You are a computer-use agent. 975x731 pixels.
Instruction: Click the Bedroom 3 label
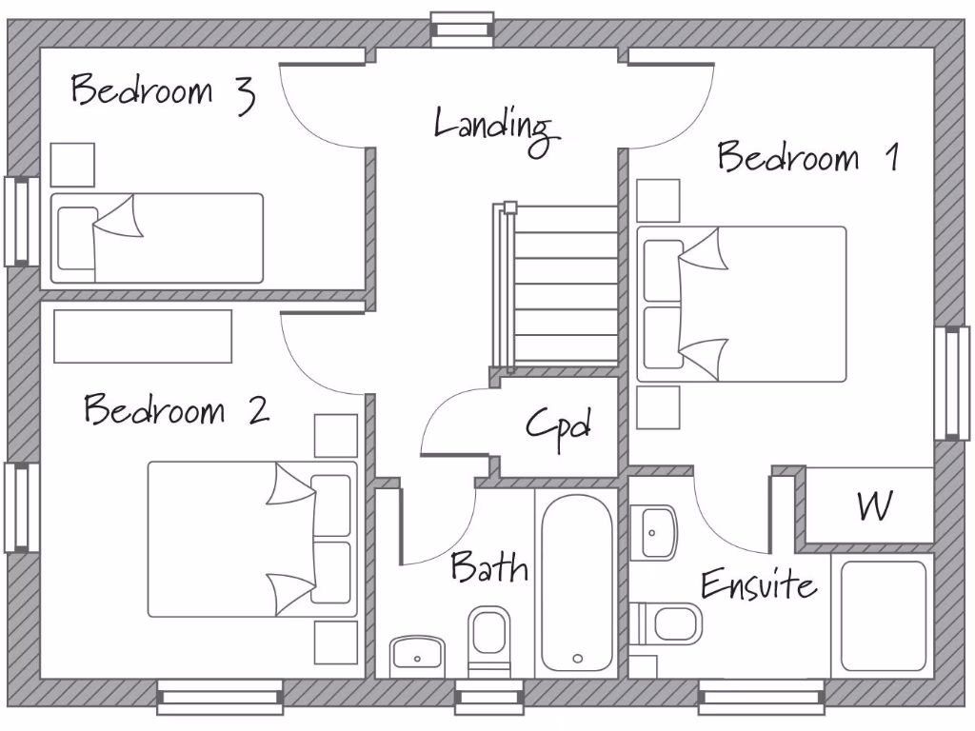162,91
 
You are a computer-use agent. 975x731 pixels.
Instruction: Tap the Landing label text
493,127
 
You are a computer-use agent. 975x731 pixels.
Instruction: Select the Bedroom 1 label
807,157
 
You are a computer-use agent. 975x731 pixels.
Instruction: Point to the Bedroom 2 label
176,410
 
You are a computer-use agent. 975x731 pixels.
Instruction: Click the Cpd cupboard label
559,425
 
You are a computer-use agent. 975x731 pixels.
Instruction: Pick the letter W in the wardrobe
873,506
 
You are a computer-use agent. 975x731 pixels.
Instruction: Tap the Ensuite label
758,584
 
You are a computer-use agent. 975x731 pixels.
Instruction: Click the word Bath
488,568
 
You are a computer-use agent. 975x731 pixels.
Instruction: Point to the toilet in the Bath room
489,639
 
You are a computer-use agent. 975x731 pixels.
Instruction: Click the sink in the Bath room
417,656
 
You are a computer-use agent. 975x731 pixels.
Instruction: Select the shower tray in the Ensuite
883,616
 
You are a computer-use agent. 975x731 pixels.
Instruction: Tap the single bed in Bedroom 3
157,238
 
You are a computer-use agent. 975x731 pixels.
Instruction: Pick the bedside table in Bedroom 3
72,165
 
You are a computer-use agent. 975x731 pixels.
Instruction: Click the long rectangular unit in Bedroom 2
143,336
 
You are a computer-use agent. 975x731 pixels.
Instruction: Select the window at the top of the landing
462,29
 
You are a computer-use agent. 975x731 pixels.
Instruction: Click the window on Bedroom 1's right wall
952,383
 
